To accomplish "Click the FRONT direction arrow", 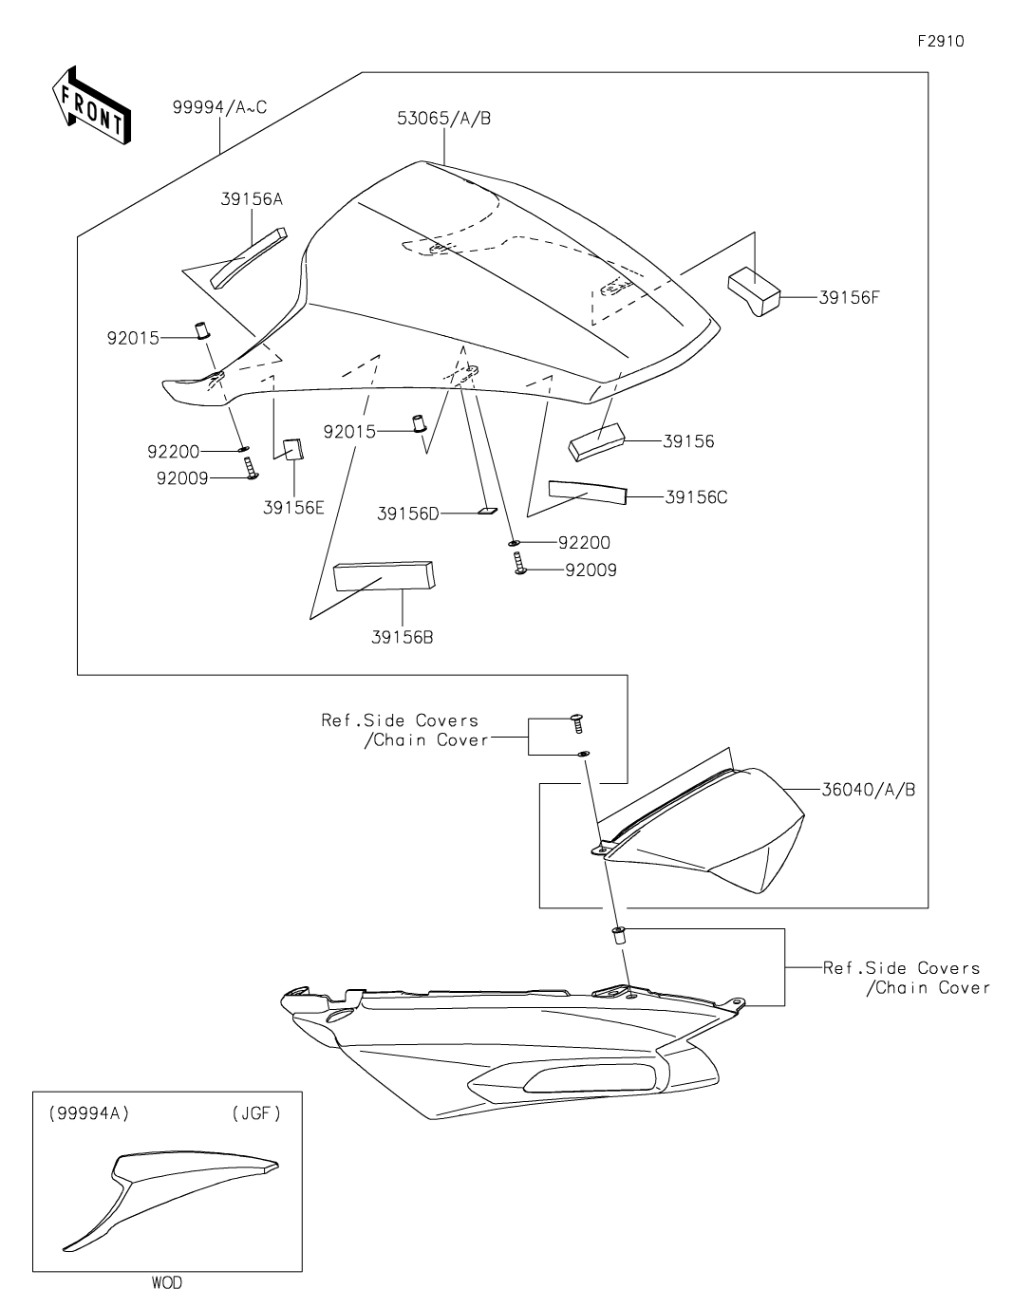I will (90, 105).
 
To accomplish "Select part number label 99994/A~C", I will (219, 107).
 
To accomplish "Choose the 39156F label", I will (849, 296).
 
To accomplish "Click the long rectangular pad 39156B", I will (385, 574).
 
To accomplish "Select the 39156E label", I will (293, 507).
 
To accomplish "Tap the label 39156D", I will (408, 514).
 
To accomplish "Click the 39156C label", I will (696, 496).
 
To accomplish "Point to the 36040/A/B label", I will (869, 789).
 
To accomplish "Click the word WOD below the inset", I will (166, 1283).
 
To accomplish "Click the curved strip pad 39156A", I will (247, 257).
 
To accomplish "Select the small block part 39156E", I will (292, 448).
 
